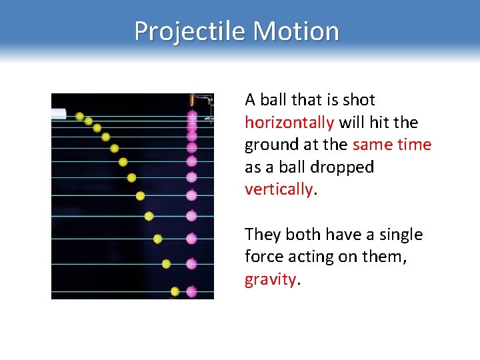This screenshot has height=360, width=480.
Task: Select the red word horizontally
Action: point(289,123)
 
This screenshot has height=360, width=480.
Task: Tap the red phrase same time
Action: point(392,145)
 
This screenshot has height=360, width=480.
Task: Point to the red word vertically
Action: point(278,189)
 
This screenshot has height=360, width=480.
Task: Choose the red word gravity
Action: point(271,279)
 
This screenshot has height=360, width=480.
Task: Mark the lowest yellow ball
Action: point(175,291)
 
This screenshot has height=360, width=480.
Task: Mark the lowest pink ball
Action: point(192,291)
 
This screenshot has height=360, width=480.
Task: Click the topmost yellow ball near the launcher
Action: point(80,117)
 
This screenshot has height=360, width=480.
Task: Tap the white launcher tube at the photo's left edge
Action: point(59,113)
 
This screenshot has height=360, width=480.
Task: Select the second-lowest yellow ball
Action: point(166,264)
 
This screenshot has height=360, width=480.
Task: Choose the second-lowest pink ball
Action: point(192,264)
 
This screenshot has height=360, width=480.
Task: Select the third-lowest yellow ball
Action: point(157,239)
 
